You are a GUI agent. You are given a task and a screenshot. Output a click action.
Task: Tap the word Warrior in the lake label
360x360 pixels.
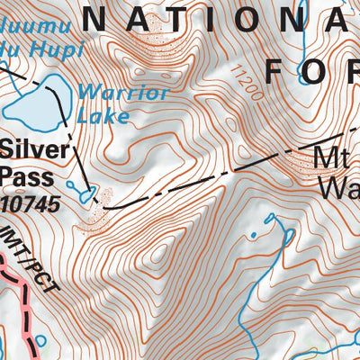click(110, 92)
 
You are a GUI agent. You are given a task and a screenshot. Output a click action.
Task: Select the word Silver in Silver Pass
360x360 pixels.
click(29, 149)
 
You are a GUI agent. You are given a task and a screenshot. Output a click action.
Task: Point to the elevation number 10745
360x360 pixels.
click(31, 204)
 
